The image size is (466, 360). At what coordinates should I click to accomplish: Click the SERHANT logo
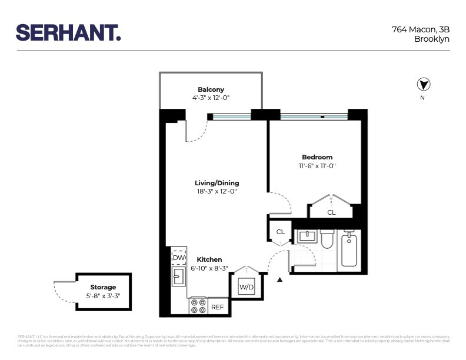pos(68,32)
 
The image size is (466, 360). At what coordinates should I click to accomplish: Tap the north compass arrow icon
pos(422,84)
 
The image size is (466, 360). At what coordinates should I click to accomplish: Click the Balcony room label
pos(211,89)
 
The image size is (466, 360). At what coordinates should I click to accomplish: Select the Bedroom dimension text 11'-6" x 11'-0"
pos(317,166)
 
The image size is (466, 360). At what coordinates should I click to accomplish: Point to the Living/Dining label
pos(217,183)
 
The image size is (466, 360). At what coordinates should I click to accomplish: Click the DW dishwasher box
pos(178,258)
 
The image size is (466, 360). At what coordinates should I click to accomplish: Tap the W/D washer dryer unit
pos(246,287)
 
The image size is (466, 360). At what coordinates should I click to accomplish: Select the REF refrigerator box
pos(217,307)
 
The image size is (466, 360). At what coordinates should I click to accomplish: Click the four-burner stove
pos(198,306)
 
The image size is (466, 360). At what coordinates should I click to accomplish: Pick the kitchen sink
pos(178,276)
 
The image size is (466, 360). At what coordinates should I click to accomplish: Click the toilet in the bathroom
pos(327,239)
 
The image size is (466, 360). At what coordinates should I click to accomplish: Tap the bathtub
pos(351,251)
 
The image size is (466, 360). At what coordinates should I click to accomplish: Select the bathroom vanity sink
pos(307,236)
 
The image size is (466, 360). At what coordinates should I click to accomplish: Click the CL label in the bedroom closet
pos(331,212)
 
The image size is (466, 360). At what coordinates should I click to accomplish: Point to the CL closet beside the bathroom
pos(280,232)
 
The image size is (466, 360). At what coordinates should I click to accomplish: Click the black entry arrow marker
pos(280,280)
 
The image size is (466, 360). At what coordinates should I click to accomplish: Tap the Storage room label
pos(103,288)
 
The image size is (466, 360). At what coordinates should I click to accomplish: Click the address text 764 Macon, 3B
pos(421,29)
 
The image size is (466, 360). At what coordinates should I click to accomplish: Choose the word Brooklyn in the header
pos(432,39)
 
